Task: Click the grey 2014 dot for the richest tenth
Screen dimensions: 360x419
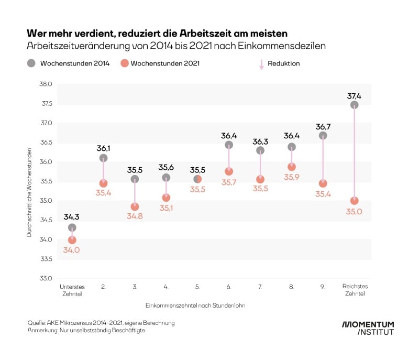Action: click(x=355, y=105)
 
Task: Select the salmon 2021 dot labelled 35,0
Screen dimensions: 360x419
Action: click(x=355, y=201)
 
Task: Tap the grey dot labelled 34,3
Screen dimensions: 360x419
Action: click(x=72, y=227)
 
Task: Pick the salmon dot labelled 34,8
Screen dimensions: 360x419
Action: click(x=135, y=206)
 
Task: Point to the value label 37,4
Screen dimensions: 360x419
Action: click(x=355, y=96)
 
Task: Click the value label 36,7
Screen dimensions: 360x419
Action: click(x=323, y=127)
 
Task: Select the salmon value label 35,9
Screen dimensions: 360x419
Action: click(x=292, y=177)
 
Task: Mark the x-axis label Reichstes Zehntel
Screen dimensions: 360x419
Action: click(x=355, y=290)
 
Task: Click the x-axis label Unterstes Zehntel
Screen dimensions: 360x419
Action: click(x=72, y=290)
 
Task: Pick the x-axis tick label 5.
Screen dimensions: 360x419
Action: click(x=197, y=287)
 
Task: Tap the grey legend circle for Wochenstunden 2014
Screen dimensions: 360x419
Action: click(x=31, y=63)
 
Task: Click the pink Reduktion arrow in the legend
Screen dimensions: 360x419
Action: click(x=261, y=64)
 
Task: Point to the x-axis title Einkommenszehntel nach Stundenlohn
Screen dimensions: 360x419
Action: click(x=197, y=304)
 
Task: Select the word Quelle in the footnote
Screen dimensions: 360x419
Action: click(x=37, y=323)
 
